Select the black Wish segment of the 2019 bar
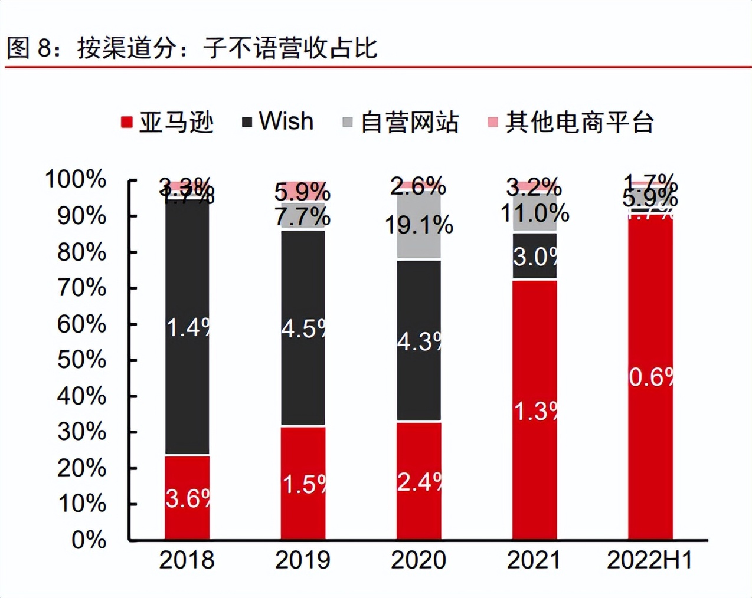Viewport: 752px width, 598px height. tap(303, 327)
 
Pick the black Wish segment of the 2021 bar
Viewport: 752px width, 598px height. tap(534, 256)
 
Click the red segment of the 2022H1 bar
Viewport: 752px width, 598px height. tap(650, 377)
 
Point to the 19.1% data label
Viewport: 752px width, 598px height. tap(418, 225)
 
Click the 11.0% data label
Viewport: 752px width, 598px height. tap(535, 213)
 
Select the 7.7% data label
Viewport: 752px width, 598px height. tap(302, 216)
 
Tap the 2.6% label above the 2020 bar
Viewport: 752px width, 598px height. tap(418, 186)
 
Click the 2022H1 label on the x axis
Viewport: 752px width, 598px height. tap(649, 560)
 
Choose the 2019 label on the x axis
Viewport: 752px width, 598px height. tap(302, 560)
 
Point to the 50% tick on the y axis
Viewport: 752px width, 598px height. tap(81, 360)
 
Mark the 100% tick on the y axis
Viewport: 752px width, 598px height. tap(76, 179)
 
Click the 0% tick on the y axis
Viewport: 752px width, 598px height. tap(89, 540)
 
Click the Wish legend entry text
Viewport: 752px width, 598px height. tap(286, 121)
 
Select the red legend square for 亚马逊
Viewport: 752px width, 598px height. tap(126, 122)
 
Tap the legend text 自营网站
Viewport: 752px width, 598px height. tap(409, 122)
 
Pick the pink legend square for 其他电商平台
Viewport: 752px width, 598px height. tap(492, 122)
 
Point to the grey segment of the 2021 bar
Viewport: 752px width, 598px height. tap(534, 213)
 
